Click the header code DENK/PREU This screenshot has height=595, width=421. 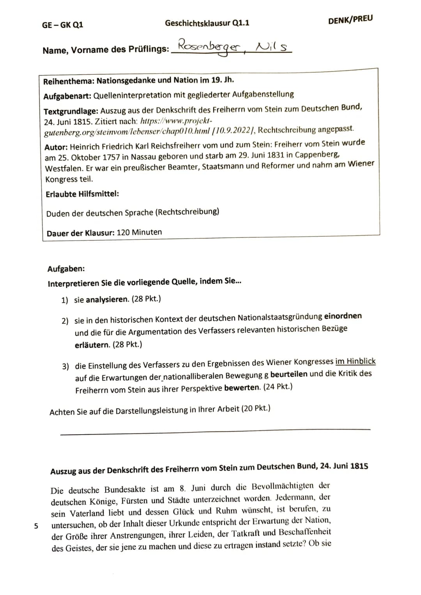pos(350,19)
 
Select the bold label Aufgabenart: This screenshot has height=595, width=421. pos(67,96)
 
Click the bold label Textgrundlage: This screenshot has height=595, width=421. pos(71,111)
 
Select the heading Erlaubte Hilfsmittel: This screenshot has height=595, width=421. pos(82,194)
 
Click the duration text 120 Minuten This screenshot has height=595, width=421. pos(139,232)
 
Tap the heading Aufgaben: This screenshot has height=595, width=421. pos(66,269)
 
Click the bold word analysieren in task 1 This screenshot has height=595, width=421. pos(107,299)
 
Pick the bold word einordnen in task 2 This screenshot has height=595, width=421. pos(343,316)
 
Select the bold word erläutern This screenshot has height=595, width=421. pos(92,345)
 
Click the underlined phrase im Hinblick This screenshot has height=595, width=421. pos(355,361)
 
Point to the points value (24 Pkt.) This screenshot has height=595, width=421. pos(278,387)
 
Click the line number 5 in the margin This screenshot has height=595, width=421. pos(36,526)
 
